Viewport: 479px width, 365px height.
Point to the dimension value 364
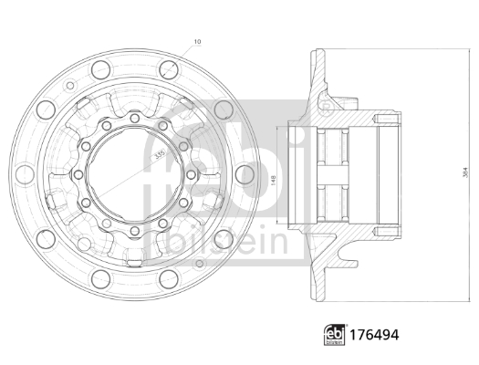pos(453,170)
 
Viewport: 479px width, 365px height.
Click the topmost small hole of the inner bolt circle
pos(134,117)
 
